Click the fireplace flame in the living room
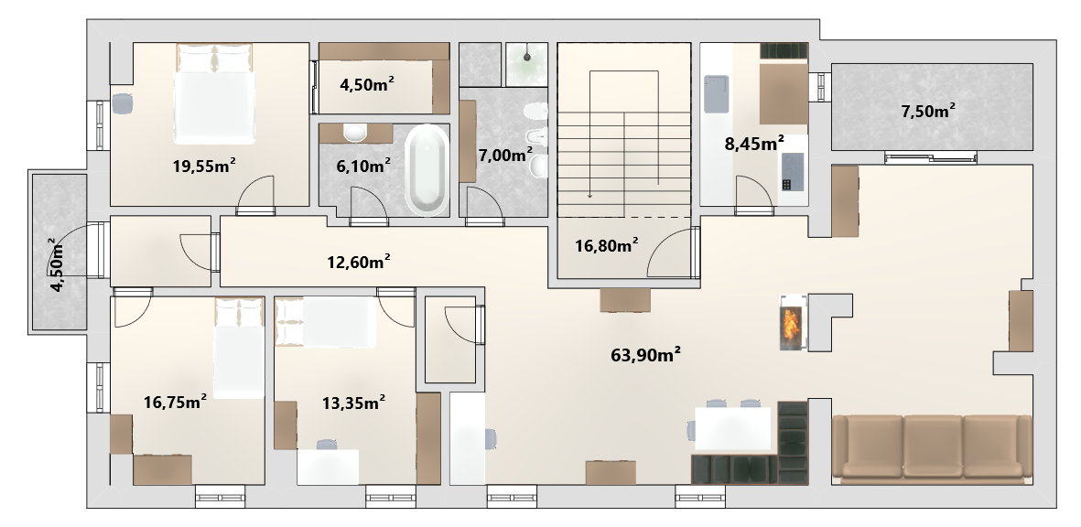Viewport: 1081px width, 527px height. pos(792,323)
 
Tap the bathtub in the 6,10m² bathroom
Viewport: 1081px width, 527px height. pos(427,168)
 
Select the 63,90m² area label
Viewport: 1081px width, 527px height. pos(646,355)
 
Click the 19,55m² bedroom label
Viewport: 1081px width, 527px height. pos(204,166)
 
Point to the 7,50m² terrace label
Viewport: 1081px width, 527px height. pos(928,112)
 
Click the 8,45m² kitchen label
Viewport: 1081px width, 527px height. pos(753,144)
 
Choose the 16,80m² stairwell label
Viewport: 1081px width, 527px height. pos(606,245)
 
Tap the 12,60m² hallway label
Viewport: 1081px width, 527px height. pos(359,262)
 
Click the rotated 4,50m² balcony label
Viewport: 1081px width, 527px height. pos(59,264)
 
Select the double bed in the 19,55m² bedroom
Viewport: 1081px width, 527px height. pos(214,93)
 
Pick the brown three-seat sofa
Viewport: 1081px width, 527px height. pos(932,446)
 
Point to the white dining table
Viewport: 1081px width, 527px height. pos(732,428)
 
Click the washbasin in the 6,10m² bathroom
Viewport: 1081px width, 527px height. pos(356,133)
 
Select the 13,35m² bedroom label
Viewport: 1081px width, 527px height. pos(353,403)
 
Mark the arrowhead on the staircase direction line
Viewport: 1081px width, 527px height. pos(590,196)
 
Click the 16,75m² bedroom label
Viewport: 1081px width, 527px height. pos(176,403)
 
